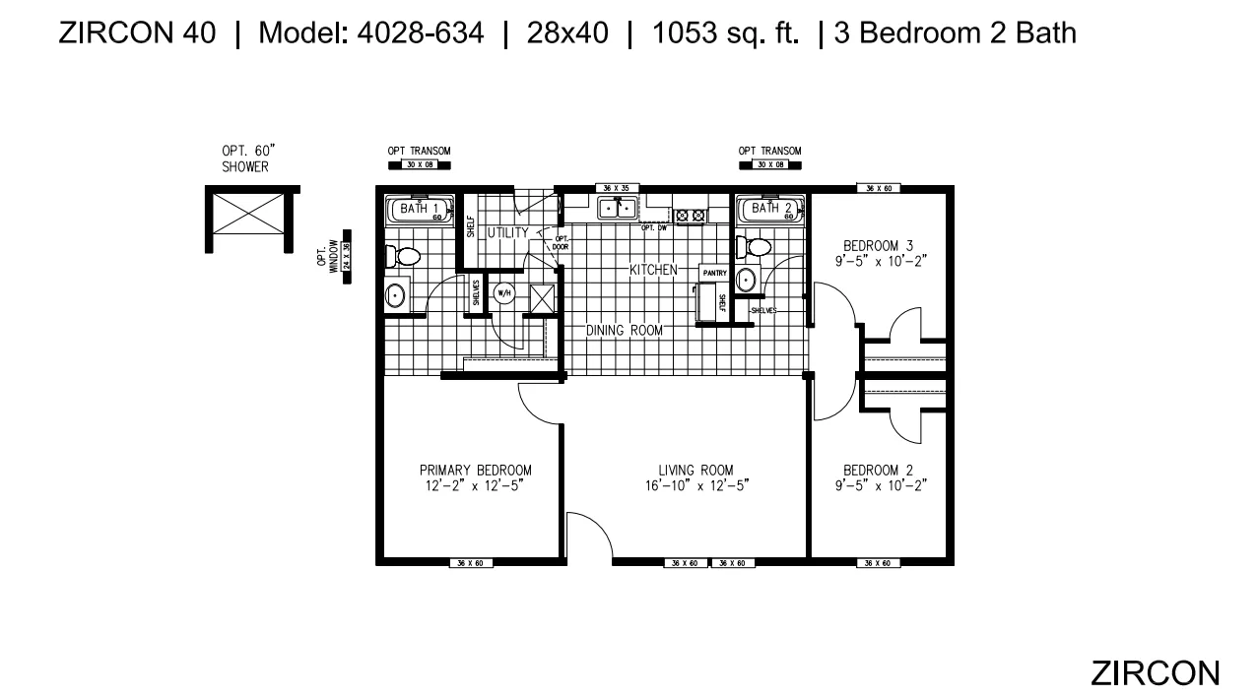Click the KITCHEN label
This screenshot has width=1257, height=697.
pyautogui.click(x=653, y=269)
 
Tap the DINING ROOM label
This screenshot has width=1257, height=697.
pyautogui.click(x=624, y=331)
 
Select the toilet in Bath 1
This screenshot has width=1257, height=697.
pyautogui.click(x=403, y=257)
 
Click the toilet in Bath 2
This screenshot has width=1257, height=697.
pyautogui.click(x=756, y=246)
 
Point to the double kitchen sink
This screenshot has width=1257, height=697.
pyautogui.click(x=618, y=209)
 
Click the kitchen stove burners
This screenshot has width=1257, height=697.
pyautogui.click(x=690, y=214)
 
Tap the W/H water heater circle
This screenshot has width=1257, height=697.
pyautogui.click(x=504, y=292)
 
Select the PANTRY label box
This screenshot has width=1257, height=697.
pyautogui.click(x=714, y=272)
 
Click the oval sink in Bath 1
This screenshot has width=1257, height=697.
pyautogui.click(x=395, y=295)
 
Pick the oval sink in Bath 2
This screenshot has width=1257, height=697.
pyautogui.click(x=747, y=279)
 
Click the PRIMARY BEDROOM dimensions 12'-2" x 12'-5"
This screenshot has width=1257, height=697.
pyautogui.click(x=475, y=485)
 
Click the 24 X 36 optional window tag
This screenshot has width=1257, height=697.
pyautogui.click(x=347, y=262)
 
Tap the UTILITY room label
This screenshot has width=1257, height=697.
pyautogui.click(x=508, y=232)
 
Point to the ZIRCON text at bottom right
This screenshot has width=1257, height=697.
pyautogui.click(x=1155, y=672)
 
